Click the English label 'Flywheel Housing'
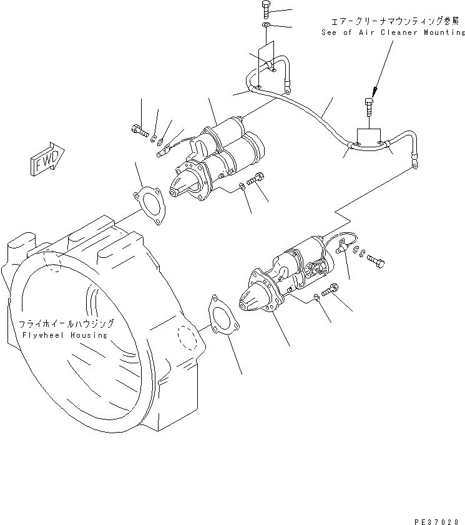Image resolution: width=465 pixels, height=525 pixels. coord(64,335)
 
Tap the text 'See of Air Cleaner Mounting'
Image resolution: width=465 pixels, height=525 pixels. coord(393,32)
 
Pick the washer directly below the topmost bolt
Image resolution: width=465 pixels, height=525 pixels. coord(267,25)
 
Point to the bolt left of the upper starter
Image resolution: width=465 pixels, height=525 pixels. coord(139,131)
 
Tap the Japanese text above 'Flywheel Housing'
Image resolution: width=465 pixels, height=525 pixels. coord(66,324)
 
